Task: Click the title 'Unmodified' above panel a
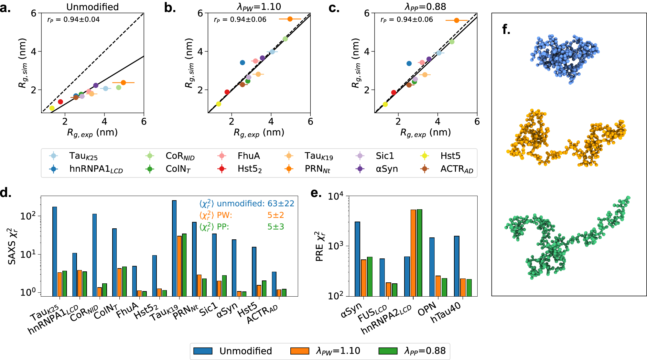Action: [x=92, y=7]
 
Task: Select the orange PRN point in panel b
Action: [x=290, y=19]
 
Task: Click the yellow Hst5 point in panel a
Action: [x=52, y=108]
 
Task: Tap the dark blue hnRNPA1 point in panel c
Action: [x=409, y=63]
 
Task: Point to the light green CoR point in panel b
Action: [x=285, y=39]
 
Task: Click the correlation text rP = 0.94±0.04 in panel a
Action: [x=73, y=20]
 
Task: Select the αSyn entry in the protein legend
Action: [x=387, y=169]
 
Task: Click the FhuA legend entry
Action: [x=248, y=156]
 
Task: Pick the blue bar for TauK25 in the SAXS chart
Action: [x=55, y=251]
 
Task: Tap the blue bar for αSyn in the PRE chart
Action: [x=357, y=259]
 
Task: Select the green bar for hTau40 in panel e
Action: [x=469, y=288]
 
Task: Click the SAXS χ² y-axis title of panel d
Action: [x=12, y=246]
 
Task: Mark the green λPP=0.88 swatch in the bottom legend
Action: [x=388, y=351]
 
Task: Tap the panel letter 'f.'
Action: [x=506, y=29]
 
